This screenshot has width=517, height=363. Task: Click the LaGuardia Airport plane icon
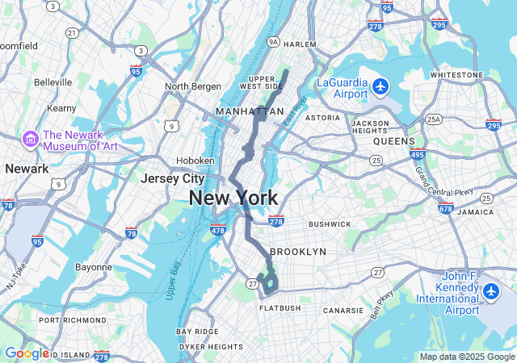pos(382,86)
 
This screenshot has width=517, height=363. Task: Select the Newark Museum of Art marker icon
pos(30,140)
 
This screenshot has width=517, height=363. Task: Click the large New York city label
pos(233,198)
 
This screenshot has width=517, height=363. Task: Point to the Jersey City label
pos(172,178)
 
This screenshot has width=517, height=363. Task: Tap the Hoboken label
pos(195,161)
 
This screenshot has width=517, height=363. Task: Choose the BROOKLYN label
pos(298,252)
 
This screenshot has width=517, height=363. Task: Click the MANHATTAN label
pos(250,111)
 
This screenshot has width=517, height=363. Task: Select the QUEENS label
pos(393,141)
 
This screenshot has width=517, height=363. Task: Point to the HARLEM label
pos(300,44)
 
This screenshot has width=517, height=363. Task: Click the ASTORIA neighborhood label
pos(322,118)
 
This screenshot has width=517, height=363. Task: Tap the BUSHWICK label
pos(330,223)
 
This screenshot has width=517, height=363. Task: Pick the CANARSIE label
pos(343,310)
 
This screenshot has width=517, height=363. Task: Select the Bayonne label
pos(94,267)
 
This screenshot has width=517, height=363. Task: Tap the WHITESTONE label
pos(456,74)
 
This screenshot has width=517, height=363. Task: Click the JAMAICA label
pos(475,211)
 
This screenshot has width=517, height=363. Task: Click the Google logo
pos(27,353)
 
